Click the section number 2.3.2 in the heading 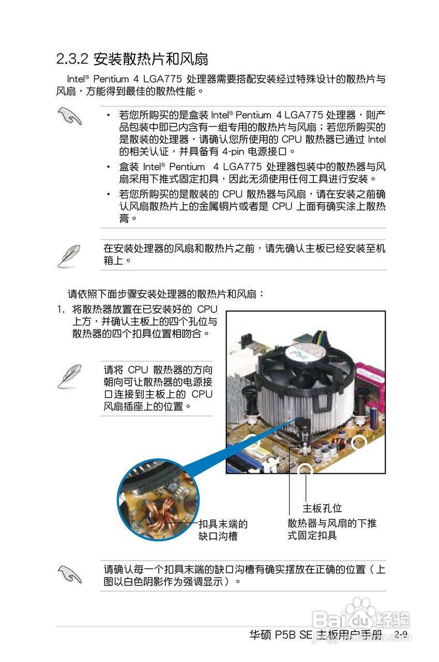click(x=72, y=59)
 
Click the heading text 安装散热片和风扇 click(x=150, y=59)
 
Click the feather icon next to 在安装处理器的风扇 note click(x=68, y=255)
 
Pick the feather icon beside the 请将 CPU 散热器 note click(x=68, y=375)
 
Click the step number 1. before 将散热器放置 click(x=61, y=309)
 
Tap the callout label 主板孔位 click(x=322, y=508)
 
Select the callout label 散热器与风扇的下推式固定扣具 click(x=332, y=529)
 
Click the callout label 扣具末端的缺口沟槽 click(x=223, y=530)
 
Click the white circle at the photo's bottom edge click(x=306, y=469)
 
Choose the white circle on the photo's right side click(x=358, y=442)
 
